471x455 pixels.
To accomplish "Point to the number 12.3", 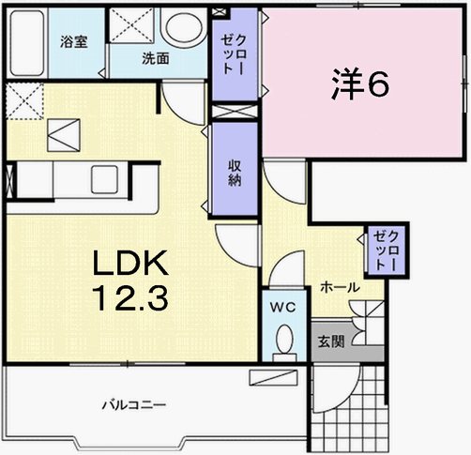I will click(x=129, y=298).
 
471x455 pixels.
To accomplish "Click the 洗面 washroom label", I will click(x=155, y=58).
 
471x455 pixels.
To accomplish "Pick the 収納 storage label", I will click(x=234, y=170).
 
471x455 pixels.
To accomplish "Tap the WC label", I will click(x=284, y=308).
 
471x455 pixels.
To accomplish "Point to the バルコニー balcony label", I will click(x=134, y=405).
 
